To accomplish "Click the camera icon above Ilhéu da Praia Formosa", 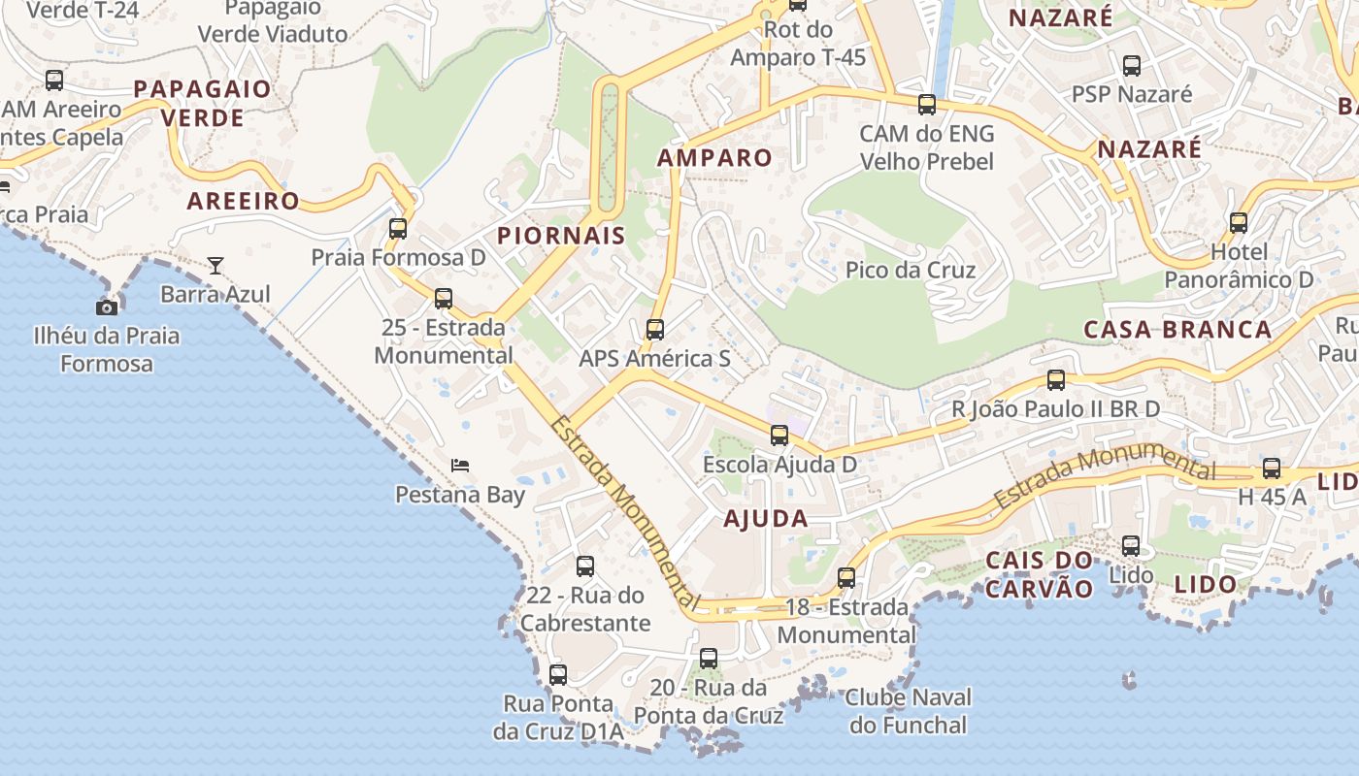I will click(x=107, y=307).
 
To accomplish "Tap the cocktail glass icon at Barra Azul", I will click(x=215, y=265).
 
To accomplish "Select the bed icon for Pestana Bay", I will click(x=460, y=466).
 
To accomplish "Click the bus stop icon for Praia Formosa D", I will click(x=398, y=229).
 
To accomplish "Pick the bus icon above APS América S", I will click(x=655, y=330).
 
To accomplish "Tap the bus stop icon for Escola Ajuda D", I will click(x=779, y=436).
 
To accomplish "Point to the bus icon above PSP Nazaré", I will click(x=1132, y=66).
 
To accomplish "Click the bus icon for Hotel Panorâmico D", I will click(x=1239, y=222).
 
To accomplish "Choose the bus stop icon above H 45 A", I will click(x=1272, y=469).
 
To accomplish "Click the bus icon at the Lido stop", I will click(x=1131, y=546).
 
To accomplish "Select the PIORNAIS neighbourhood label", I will click(x=561, y=236).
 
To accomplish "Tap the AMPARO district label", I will click(x=714, y=158).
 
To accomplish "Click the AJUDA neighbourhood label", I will click(x=766, y=519).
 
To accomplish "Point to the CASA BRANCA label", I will click(x=1177, y=330).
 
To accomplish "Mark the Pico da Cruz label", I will click(x=910, y=270).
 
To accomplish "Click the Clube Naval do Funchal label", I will click(x=908, y=711).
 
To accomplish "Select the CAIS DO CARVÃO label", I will click(x=1039, y=574).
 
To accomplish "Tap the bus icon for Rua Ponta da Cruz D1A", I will click(x=558, y=675).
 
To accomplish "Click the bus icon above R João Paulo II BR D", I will click(x=1056, y=380).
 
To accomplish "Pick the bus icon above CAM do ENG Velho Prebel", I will click(x=927, y=105).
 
